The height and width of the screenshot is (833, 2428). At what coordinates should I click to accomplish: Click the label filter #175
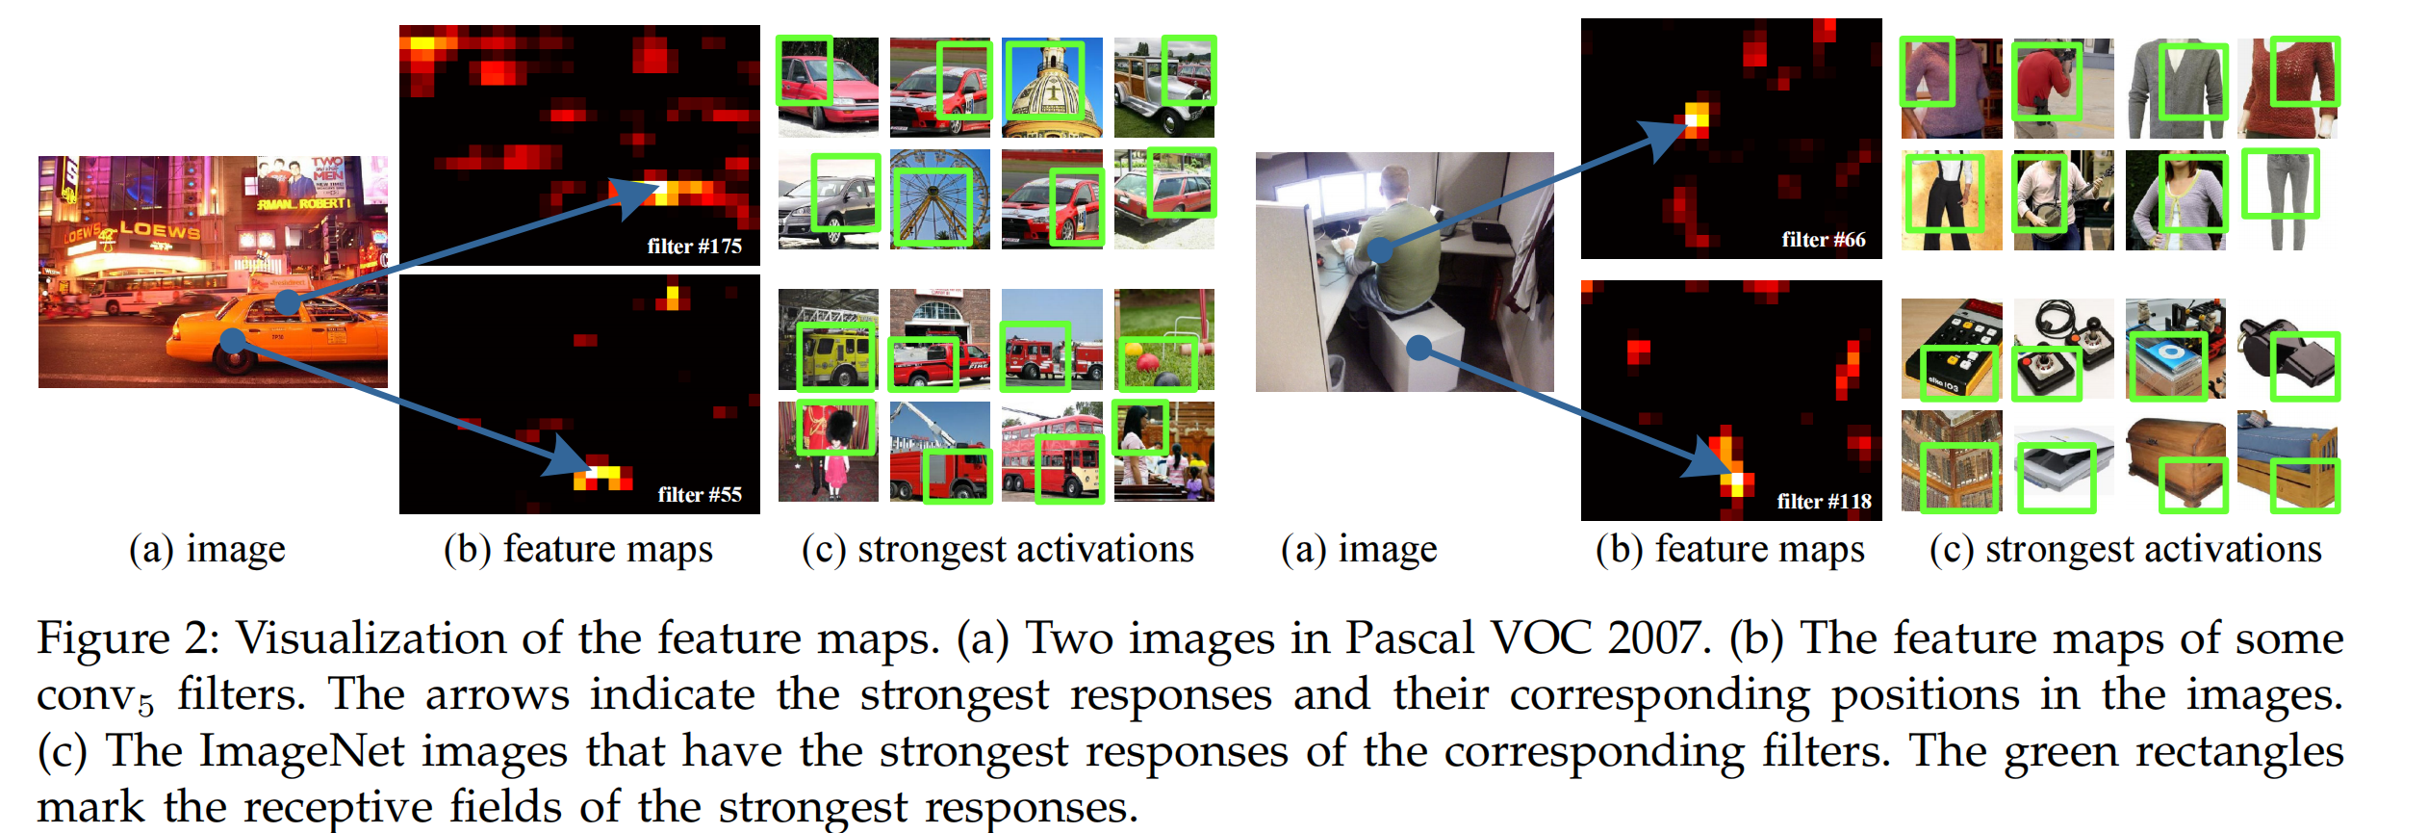(x=694, y=247)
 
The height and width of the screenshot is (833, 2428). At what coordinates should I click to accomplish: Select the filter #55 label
(x=700, y=495)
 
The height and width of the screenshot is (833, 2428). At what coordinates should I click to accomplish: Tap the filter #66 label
(x=1823, y=240)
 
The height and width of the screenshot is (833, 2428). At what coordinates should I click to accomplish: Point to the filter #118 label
(x=1824, y=502)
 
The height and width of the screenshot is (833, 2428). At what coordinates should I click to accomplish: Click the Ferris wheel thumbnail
(x=939, y=199)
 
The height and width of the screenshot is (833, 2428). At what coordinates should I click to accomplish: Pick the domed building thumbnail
(x=1052, y=88)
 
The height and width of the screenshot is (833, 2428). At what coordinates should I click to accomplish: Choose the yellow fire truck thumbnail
(x=828, y=339)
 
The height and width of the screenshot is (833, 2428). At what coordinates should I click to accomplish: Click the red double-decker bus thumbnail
(x=1052, y=452)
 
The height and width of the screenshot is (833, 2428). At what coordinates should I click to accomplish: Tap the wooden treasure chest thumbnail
(x=2176, y=460)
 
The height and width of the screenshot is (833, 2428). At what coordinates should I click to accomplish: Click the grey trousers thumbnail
(x=2286, y=199)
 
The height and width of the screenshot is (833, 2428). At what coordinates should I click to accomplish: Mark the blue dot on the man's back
(x=1381, y=250)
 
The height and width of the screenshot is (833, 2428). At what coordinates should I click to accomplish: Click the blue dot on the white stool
(x=1418, y=348)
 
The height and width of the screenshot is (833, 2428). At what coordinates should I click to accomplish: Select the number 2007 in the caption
(x=1659, y=638)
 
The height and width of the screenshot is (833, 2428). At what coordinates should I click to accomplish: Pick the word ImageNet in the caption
(x=301, y=751)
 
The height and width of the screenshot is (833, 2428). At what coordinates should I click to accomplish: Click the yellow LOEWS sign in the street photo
(x=159, y=229)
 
